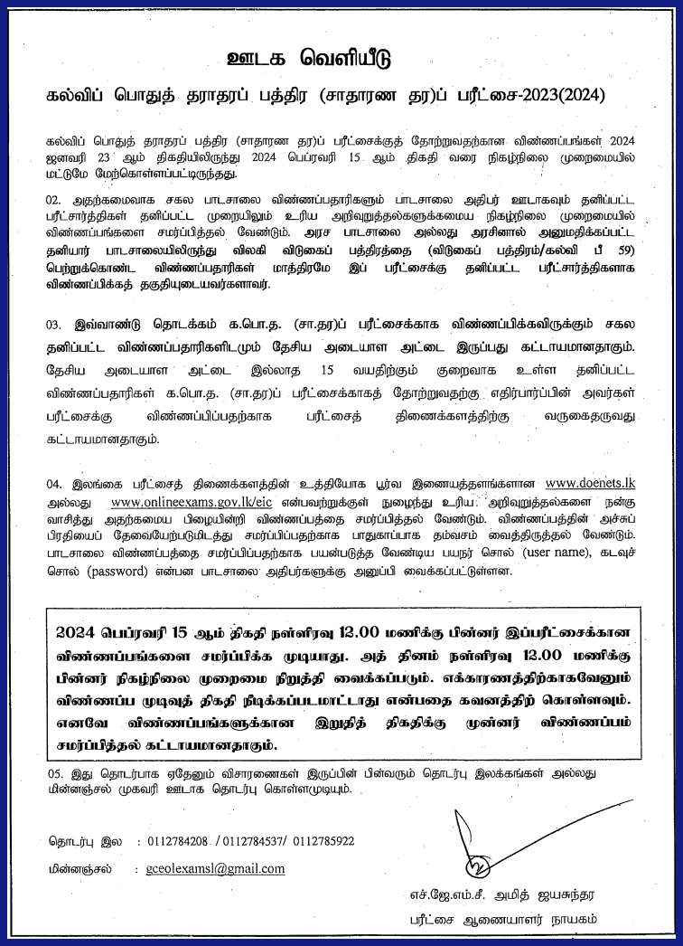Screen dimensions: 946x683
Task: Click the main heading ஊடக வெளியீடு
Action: [x=309, y=60]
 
